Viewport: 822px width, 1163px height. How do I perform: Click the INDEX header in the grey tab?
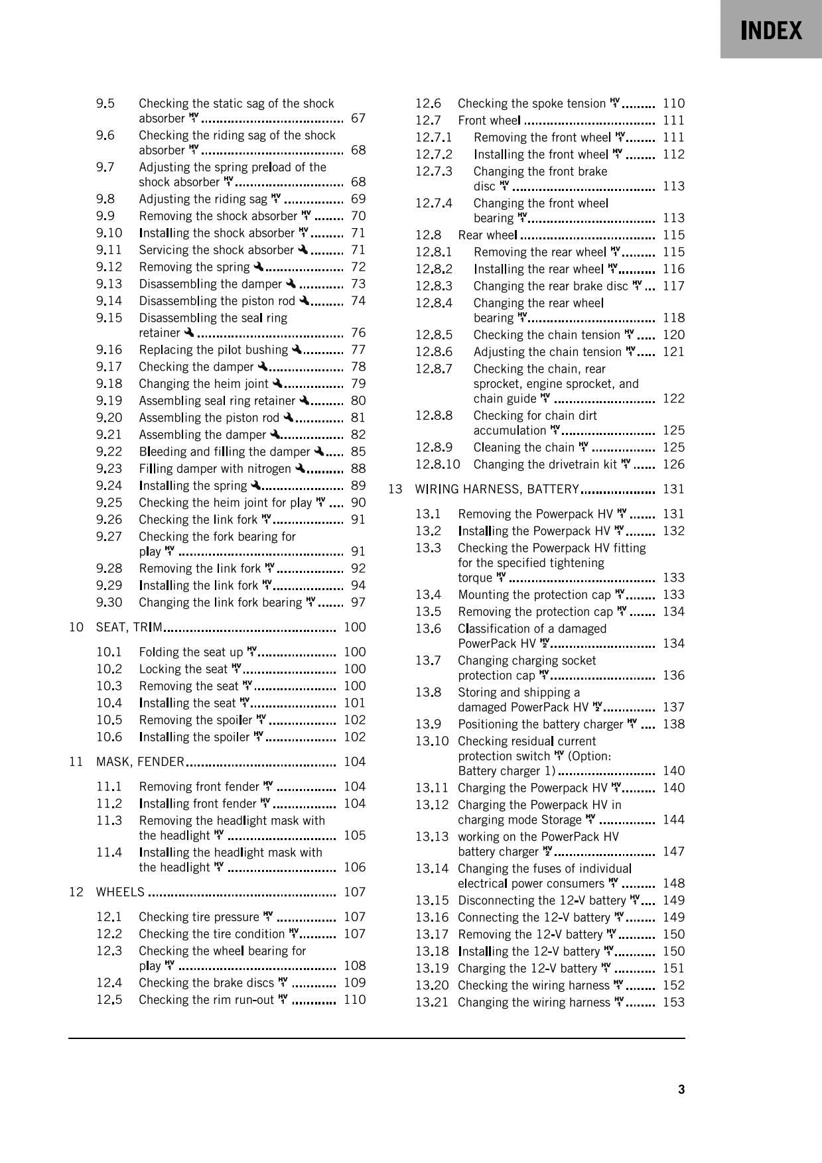[x=772, y=31]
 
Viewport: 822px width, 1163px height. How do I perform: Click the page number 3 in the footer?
[x=681, y=1089]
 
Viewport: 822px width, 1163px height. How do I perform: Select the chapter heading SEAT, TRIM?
[x=129, y=627]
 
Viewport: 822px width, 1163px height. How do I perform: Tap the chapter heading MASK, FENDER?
[x=140, y=762]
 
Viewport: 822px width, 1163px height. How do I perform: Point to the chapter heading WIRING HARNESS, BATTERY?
[x=497, y=489]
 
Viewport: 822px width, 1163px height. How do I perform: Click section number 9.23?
[x=109, y=469]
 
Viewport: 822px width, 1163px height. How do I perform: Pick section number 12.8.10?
[x=437, y=465]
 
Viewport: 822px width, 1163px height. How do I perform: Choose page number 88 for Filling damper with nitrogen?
[x=358, y=469]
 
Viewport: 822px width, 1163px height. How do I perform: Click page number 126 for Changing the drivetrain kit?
[x=673, y=465]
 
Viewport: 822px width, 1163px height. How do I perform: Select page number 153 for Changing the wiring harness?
[x=673, y=1003]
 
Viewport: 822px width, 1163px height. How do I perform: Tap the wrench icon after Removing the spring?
[x=258, y=267]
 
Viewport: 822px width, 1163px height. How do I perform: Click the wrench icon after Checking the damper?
[x=263, y=366]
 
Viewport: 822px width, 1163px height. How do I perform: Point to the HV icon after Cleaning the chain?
[x=583, y=447]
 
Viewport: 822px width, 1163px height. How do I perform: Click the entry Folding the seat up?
[x=191, y=652]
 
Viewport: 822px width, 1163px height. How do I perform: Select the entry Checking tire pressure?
[x=199, y=917]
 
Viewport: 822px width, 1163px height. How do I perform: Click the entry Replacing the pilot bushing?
[x=214, y=350]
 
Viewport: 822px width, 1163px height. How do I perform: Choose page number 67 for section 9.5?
[x=358, y=119]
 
